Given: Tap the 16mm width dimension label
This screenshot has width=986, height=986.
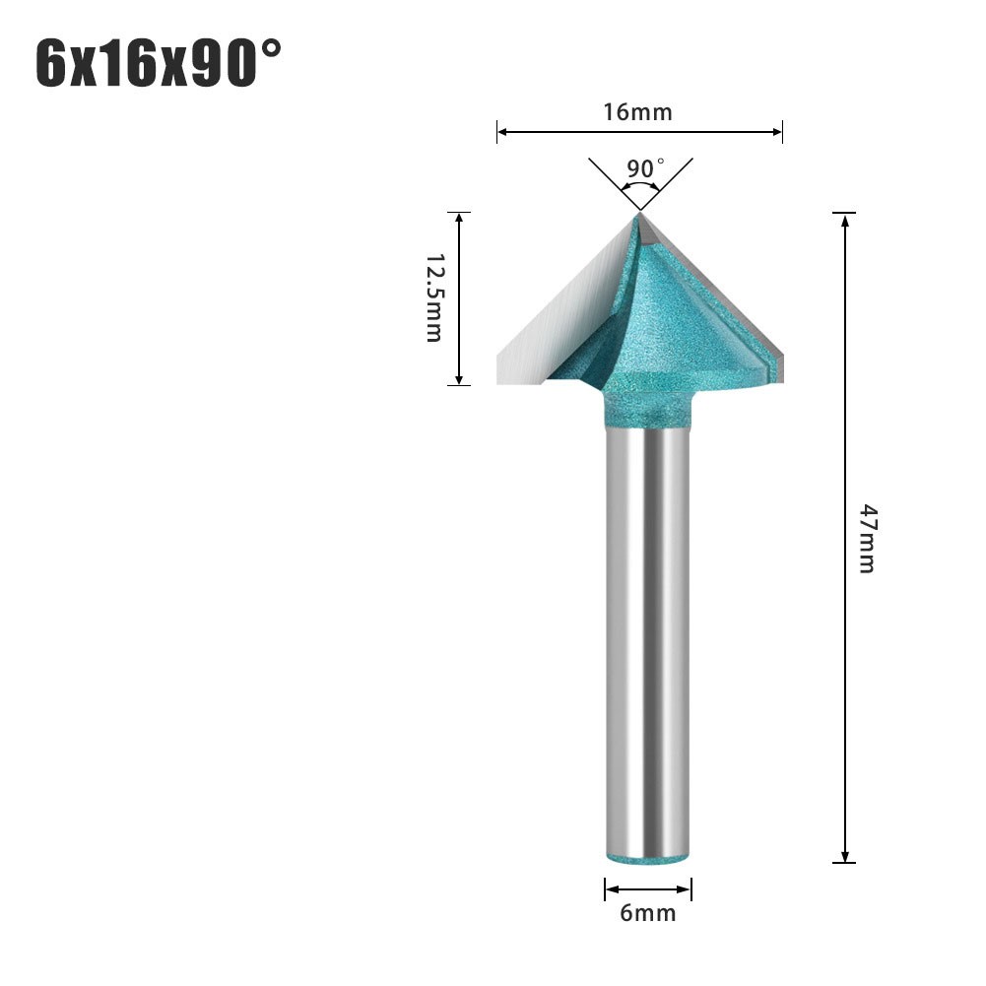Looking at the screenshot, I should click(638, 111).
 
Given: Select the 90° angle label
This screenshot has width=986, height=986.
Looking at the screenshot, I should click(645, 167).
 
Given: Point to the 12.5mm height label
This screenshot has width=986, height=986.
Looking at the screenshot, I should click(434, 296).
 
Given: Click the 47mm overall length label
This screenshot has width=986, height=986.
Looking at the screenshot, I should click(866, 538).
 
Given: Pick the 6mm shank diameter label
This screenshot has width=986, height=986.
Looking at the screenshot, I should click(648, 913).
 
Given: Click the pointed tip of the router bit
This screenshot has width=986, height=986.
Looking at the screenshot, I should click(639, 213).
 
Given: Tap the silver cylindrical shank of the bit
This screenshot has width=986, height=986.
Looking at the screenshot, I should click(648, 640).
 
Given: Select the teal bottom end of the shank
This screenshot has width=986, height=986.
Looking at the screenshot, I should click(648, 858).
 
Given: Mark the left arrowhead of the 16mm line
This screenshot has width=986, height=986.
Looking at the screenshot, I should click(501, 130).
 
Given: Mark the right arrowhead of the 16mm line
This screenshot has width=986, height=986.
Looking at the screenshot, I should click(778, 130).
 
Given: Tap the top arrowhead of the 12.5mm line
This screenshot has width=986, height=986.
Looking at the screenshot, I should click(459, 217).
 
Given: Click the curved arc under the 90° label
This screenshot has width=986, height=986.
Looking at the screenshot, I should click(641, 184).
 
